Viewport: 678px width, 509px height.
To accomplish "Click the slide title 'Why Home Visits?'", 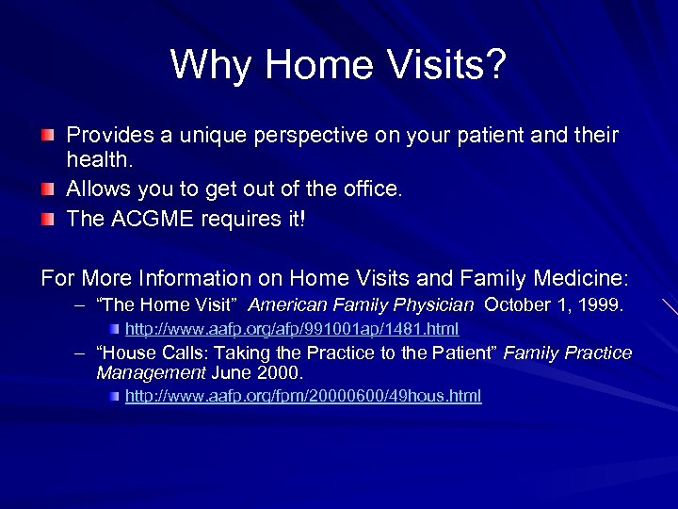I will click(339, 65).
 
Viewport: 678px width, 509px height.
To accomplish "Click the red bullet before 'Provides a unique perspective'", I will click(48, 137).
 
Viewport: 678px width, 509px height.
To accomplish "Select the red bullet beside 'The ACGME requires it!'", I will click(48, 220).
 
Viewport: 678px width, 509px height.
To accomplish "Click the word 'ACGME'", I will click(148, 219).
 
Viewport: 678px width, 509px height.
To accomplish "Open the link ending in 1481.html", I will click(292, 329).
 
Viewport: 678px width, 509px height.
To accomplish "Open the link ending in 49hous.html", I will click(303, 396).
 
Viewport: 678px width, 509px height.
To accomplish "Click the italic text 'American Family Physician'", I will click(361, 305).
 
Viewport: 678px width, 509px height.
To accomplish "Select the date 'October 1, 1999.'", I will click(554, 305).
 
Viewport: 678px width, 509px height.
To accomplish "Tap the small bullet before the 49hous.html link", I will click(114, 397).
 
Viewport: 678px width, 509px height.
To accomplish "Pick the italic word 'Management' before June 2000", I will click(150, 373).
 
